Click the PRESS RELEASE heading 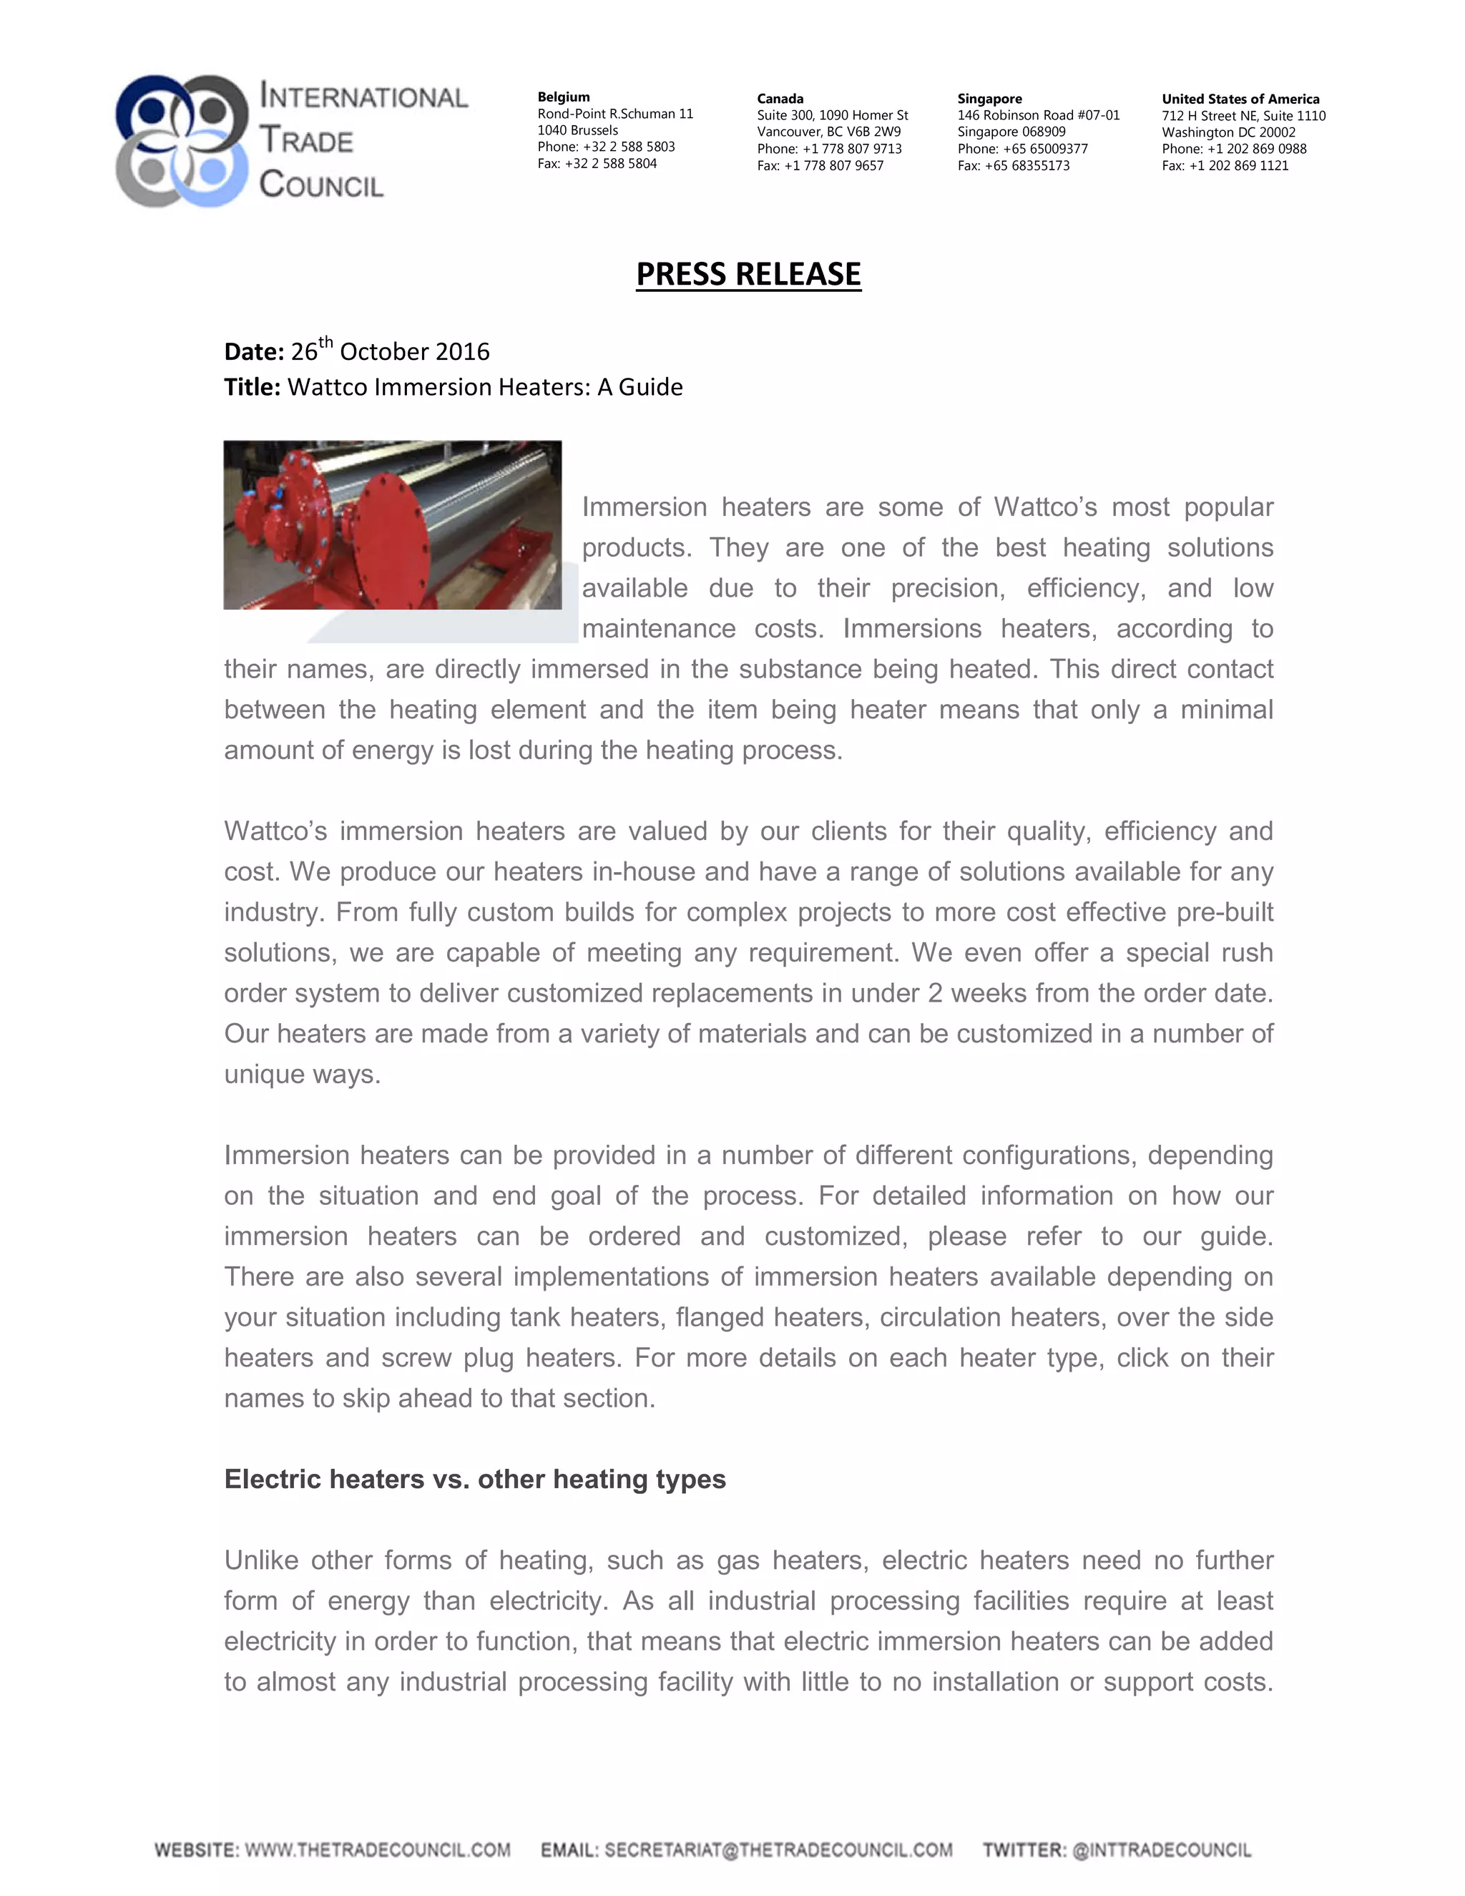pyautogui.click(x=748, y=274)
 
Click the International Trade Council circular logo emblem pyautogui.click(x=182, y=141)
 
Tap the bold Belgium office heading pyautogui.click(x=563, y=97)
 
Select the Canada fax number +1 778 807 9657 pyautogui.click(x=833, y=166)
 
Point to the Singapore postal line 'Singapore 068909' pyautogui.click(x=1011, y=132)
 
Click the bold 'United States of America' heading pyautogui.click(x=1240, y=99)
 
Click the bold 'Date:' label pyautogui.click(x=253, y=351)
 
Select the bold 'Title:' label pyautogui.click(x=252, y=387)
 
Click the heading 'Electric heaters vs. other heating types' pyautogui.click(x=475, y=1480)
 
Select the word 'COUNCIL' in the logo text pyautogui.click(x=321, y=184)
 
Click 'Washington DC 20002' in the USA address pyautogui.click(x=1228, y=132)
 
